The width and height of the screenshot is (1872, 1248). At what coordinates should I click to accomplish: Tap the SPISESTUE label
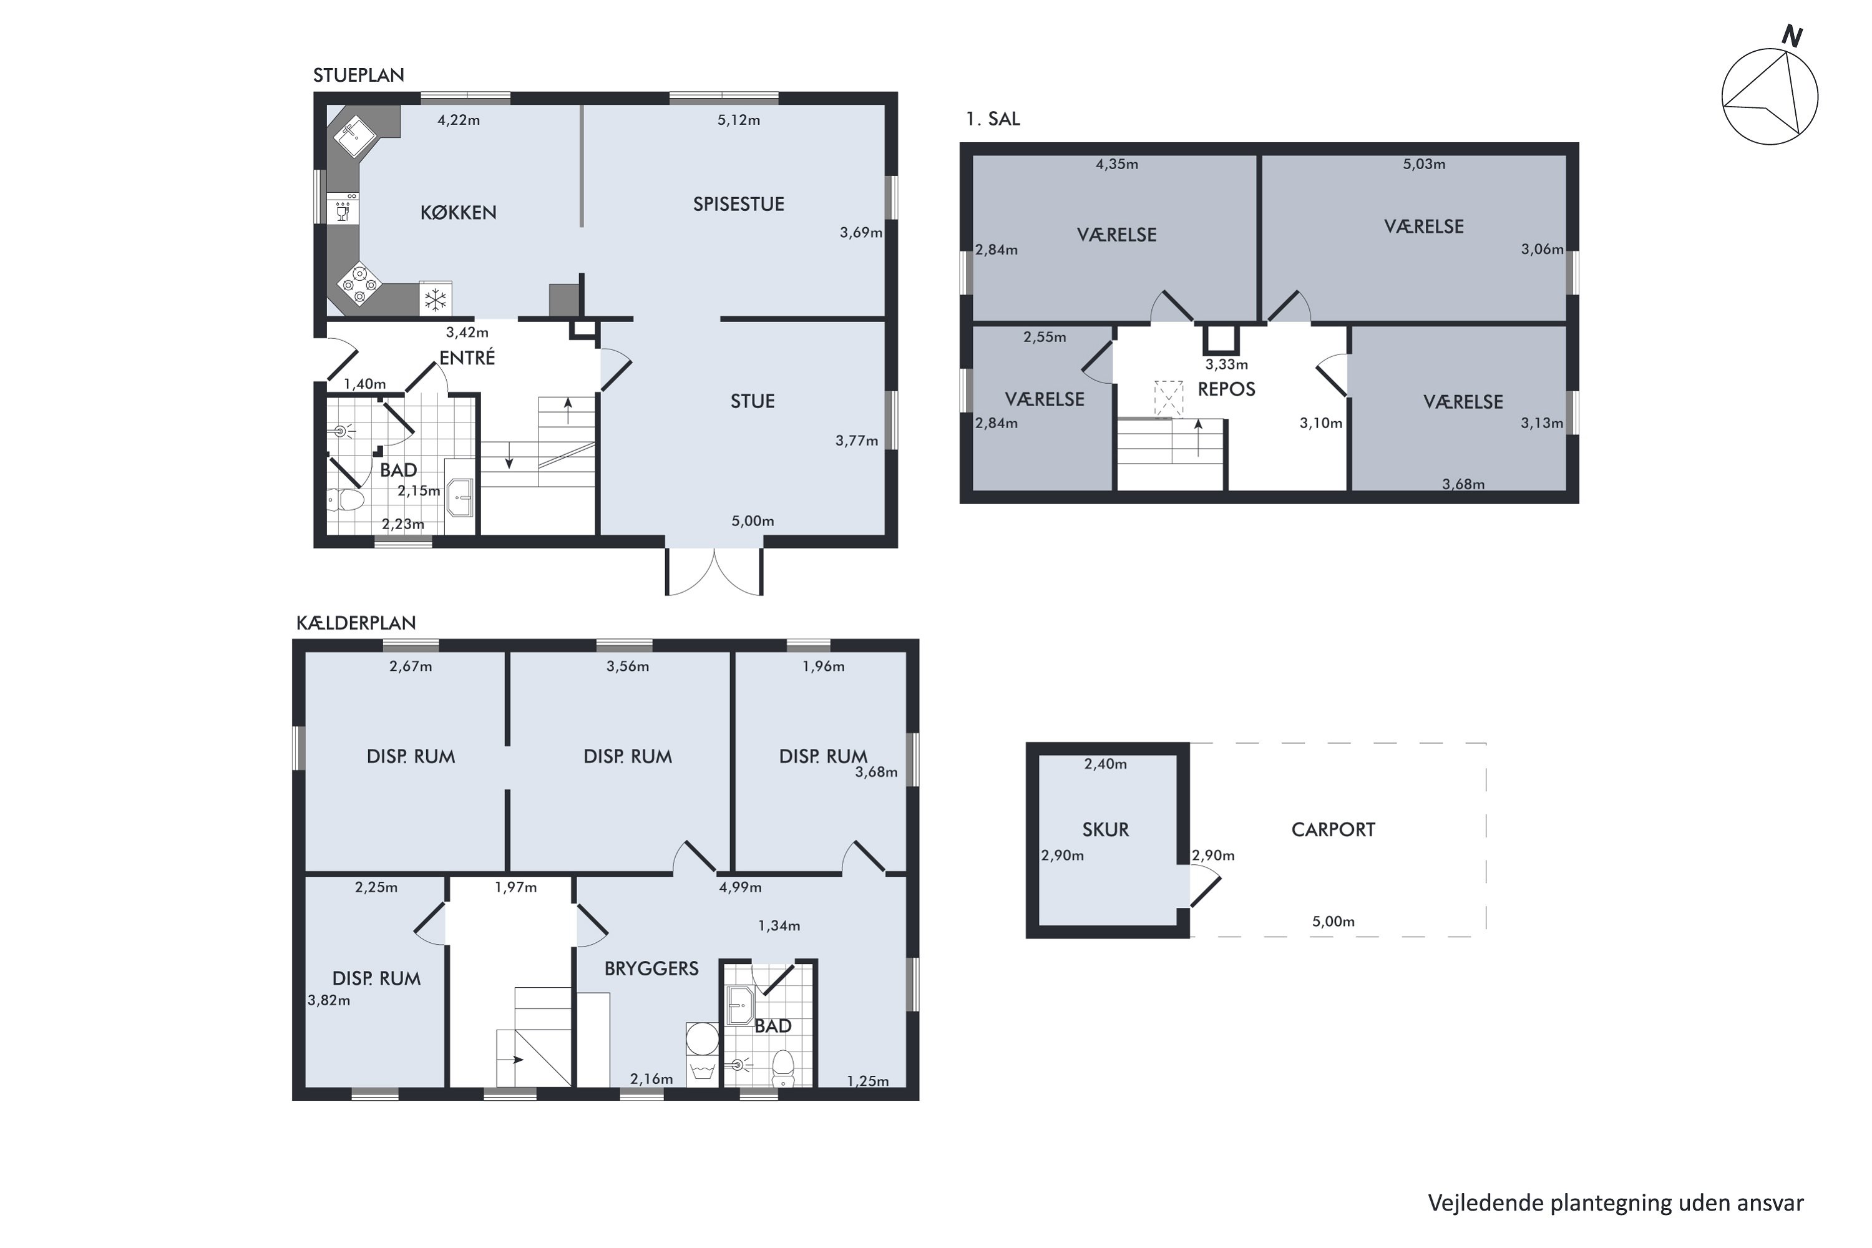tap(739, 204)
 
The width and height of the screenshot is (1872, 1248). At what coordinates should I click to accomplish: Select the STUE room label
tap(752, 401)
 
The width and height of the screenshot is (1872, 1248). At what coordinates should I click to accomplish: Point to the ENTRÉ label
tap(467, 358)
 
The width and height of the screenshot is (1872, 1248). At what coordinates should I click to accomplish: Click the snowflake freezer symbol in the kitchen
tap(436, 300)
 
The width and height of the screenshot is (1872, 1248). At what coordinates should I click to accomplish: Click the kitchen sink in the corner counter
tap(356, 137)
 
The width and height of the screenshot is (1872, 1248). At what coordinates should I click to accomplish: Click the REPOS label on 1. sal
tap(1227, 389)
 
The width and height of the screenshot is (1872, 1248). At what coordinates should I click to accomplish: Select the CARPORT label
tap(1333, 830)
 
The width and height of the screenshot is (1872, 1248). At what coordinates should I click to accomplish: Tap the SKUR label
tap(1106, 830)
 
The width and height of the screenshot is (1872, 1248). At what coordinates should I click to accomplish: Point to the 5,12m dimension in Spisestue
tap(739, 120)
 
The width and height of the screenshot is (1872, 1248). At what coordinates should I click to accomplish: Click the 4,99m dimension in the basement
tap(740, 887)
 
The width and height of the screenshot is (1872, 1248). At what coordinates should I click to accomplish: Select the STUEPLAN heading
tap(358, 75)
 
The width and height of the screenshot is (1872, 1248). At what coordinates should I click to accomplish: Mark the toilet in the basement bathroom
tap(783, 1068)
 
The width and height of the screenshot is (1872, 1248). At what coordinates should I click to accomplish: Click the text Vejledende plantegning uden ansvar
tap(1616, 1202)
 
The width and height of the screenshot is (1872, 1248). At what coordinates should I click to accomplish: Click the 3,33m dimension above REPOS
tap(1227, 364)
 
